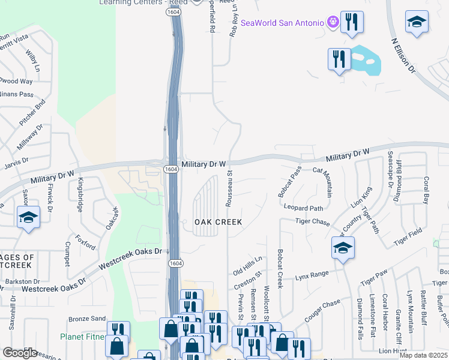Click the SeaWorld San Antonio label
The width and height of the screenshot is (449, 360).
pos(282,23)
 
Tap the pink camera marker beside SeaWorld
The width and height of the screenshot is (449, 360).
pos(333,23)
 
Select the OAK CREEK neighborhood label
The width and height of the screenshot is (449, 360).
pos(218,222)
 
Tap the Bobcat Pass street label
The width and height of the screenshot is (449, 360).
pos(289,183)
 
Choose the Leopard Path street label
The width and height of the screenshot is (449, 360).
pos(304,208)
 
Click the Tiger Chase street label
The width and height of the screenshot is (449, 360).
pos(313,222)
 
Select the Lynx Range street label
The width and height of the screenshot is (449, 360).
pos(312,275)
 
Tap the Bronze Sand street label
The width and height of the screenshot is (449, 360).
pos(87,318)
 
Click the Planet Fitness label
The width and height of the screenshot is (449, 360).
pos(83,337)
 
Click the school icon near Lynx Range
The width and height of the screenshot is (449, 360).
pos(342,248)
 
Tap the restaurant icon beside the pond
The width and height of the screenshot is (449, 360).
pos(339,59)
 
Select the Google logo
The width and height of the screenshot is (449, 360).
pos(20,353)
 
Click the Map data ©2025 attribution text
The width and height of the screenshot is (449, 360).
pos(423,355)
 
